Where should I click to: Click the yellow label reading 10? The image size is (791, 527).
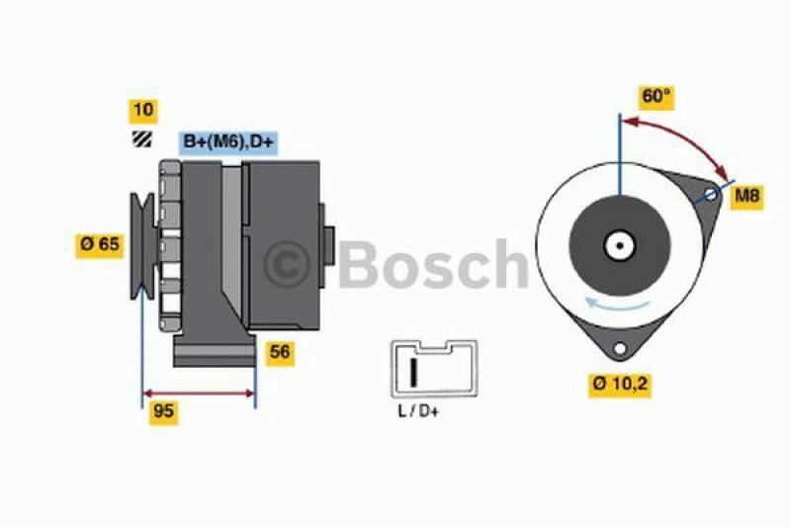[142, 109]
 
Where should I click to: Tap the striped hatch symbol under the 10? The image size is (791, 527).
[142, 139]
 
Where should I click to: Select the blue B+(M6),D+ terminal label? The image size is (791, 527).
[228, 140]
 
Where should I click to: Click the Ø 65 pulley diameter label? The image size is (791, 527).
[100, 244]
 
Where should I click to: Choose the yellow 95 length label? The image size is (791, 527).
[164, 412]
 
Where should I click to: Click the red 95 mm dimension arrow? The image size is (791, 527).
[199, 394]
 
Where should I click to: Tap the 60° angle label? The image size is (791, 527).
[657, 96]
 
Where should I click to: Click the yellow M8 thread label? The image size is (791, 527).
[747, 196]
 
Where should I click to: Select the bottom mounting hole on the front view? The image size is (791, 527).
[620, 348]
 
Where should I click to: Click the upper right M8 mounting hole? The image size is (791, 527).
[711, 195]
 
